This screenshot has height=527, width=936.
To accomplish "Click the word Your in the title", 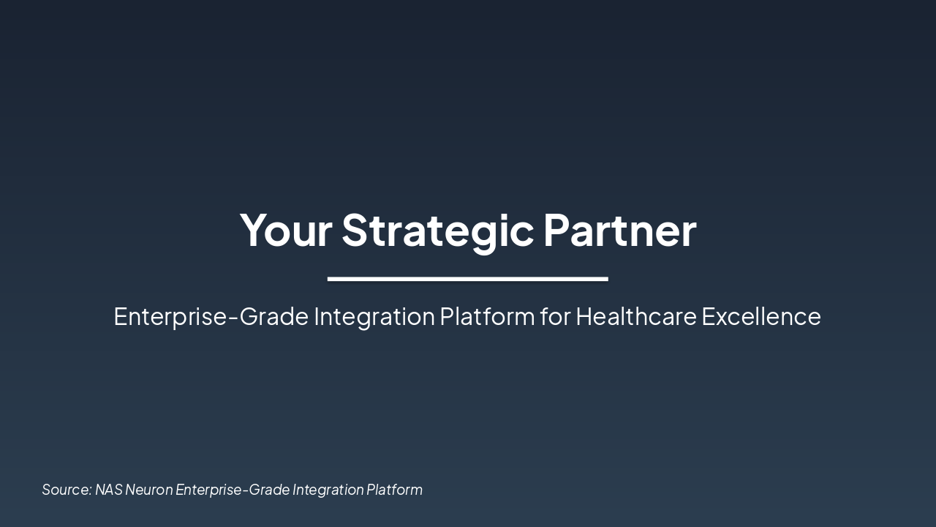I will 286,230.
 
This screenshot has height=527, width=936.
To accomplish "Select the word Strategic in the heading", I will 437,230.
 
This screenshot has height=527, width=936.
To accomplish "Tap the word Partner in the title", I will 619,230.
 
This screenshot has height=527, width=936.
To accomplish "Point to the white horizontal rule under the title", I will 467,279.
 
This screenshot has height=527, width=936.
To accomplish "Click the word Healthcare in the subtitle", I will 635,317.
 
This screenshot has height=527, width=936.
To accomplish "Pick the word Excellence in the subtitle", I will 761,317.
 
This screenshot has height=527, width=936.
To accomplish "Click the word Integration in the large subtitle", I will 374,317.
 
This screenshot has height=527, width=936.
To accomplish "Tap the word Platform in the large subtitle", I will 487,317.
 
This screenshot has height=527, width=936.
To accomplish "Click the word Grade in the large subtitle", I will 274,317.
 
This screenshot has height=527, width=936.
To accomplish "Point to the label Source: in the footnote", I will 67,490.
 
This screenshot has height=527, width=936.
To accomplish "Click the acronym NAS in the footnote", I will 108,490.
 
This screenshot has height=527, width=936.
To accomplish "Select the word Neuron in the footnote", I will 148,490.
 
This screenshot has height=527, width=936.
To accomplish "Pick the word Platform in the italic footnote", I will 394,490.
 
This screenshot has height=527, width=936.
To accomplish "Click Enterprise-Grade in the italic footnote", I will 232,490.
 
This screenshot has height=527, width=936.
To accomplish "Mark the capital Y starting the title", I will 253,230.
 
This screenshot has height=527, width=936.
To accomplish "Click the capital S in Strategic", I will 354,230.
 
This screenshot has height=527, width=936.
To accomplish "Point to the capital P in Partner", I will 556,230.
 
